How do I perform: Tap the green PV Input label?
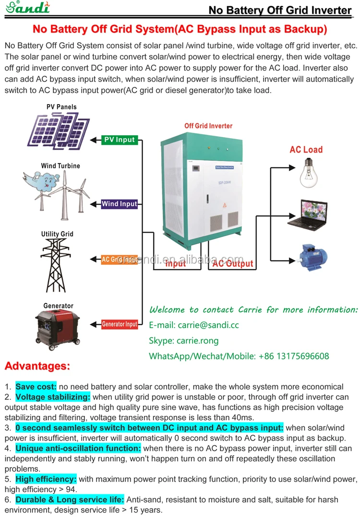[120, 140]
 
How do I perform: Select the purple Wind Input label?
[120, 204]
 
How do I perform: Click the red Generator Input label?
[120, 324]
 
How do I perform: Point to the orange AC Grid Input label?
[120, 259]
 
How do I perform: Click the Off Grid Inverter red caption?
[208, 126]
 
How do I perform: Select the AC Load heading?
[306, 150]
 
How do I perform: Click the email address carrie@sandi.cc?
[208, 325]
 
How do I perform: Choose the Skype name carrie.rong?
[198, 341]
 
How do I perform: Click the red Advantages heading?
[37, 366]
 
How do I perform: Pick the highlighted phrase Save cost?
[36, 387]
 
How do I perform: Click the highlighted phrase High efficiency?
[46, 479]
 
